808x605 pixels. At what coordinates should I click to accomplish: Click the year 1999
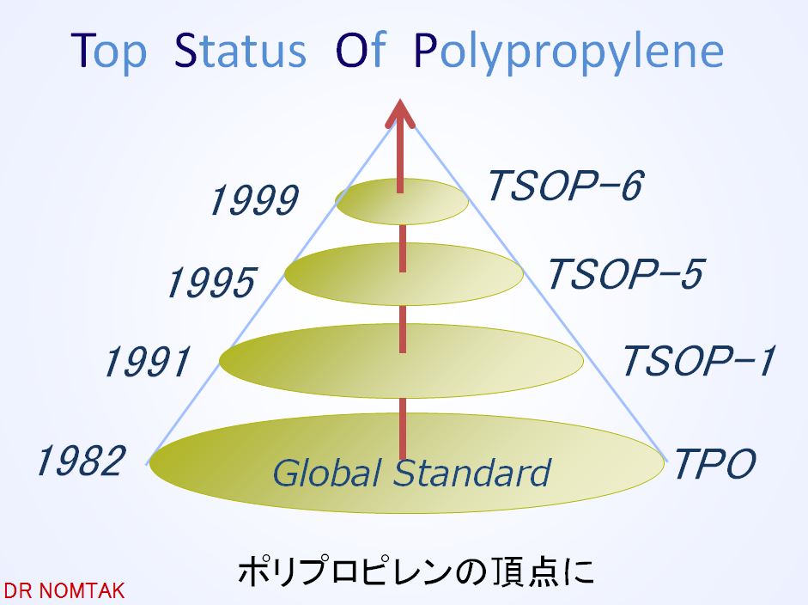point(254,200)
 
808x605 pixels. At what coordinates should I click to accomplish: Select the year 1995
point(211,283)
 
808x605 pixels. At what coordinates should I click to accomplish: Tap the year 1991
point(148,362)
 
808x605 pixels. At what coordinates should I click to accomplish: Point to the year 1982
point(81,461)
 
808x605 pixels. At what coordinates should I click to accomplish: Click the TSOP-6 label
point(566,186)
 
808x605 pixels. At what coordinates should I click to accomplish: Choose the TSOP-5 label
point(626,274)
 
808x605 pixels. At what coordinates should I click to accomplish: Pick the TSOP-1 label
point(699,361)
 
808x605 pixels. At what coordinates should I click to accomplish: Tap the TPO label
point(714,462)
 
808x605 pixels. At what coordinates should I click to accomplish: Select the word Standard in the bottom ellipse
point(472,473)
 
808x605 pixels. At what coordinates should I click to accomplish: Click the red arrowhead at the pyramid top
point(400,113)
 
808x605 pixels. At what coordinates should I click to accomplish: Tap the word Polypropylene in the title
point(569,52)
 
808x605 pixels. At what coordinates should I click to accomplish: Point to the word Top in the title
point(109,52)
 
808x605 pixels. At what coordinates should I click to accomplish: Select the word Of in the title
point(361,49)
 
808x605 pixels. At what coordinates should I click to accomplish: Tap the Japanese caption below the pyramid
point(416,571)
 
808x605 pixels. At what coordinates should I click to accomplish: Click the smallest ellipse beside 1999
point(402,201)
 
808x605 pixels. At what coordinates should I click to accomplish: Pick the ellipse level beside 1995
point(404,274)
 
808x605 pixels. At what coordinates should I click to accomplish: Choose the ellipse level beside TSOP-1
point(401,361)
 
